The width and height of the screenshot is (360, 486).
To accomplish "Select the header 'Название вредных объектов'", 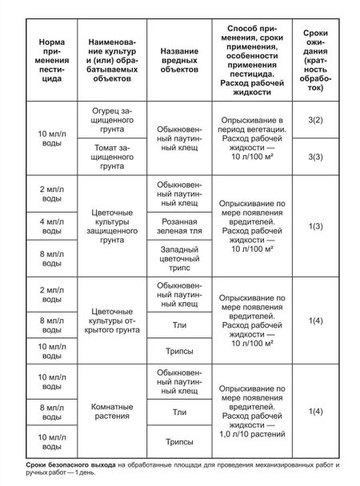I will (x=174, y=61).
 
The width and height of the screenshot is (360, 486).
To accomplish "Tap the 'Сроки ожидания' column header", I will (x=318, y=61).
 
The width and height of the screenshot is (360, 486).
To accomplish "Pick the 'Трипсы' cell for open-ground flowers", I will (x=174, y=349).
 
